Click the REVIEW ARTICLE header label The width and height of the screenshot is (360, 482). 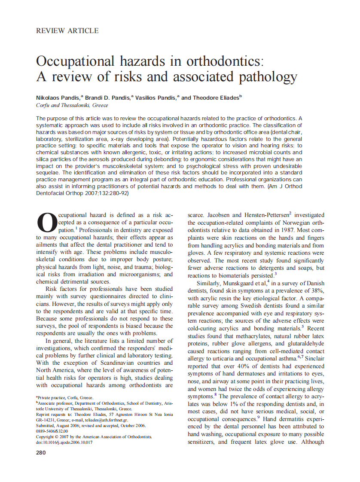pos(67,31)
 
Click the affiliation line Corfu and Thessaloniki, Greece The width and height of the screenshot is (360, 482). pos(72,105)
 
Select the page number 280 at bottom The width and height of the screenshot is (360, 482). pos(42,452)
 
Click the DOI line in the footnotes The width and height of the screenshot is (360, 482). pos(64,442)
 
